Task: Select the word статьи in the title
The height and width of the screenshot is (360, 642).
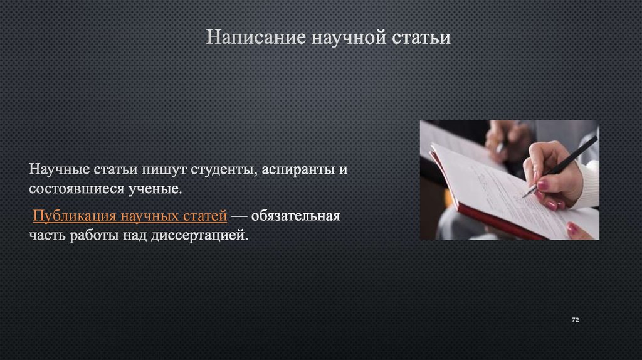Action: (421, 38)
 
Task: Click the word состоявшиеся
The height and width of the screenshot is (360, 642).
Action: (76, 189)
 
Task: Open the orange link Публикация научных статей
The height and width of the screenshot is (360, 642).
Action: (130, 216)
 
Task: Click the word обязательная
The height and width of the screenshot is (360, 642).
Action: (296, 215)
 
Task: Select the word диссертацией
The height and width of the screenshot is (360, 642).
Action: (199, 235)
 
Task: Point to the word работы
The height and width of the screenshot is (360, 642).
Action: (96, 235)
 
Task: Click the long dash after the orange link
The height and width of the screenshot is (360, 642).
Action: (239, 216)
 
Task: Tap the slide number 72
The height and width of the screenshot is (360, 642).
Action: (576, 320)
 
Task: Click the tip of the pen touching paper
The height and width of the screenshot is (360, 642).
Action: (524, 197)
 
